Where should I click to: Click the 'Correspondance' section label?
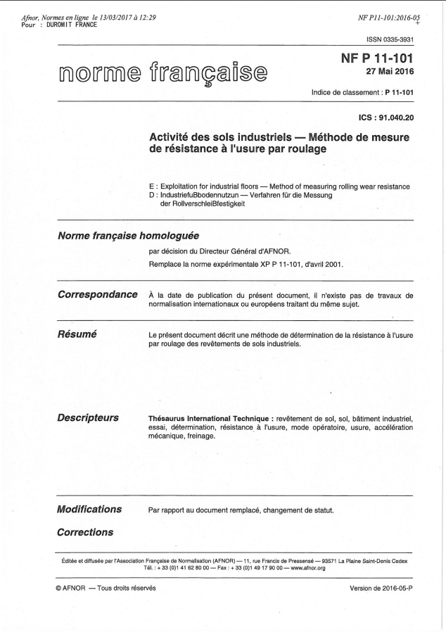(96, 294)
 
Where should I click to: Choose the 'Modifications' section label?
(89, 509)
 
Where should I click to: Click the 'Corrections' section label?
(84, 532)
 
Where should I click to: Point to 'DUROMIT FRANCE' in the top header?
(72, 25)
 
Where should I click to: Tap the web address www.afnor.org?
(306, 567)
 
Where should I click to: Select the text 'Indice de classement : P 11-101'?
(362, 93)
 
